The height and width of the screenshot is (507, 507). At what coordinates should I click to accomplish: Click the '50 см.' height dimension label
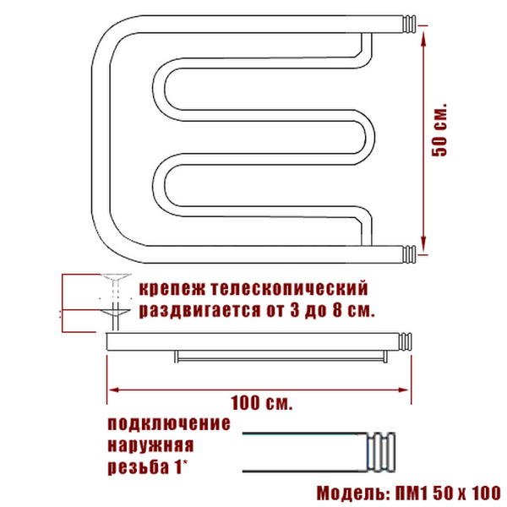click(439, 130)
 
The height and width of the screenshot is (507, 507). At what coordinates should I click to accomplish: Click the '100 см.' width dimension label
click(261, 402)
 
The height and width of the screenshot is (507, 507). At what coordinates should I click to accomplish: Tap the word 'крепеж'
click(172, 288)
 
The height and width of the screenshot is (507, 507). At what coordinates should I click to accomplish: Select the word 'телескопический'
click(289, 288)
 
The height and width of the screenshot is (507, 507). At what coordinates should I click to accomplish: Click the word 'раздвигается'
click(199, 310)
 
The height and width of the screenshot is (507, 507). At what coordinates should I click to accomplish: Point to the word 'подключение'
click(169, 424)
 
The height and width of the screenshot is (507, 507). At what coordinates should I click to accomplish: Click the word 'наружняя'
click(150, 446)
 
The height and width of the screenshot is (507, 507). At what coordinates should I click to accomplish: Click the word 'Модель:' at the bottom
click(353, 493)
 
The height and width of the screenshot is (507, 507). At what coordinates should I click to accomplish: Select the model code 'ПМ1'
click(412, 493)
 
